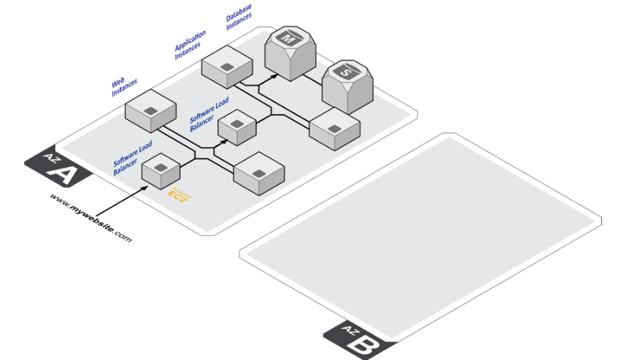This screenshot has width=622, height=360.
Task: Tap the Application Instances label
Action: tap(190, 43)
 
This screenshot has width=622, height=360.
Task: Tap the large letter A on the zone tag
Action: tap(63, 175)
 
